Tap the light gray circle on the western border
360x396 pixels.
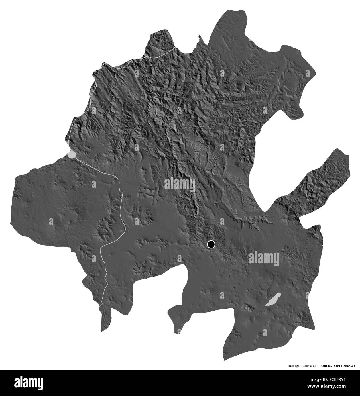tap(72, 154)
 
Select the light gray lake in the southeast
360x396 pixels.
tap(273, 300)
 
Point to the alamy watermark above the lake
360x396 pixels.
tap(264, 258)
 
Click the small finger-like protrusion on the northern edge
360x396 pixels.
tap(200, 37)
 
